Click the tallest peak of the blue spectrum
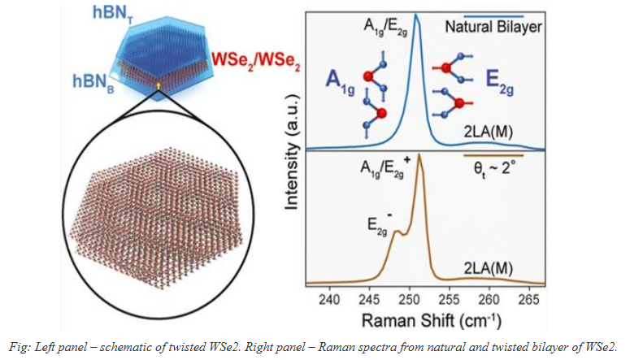[415, 15]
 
